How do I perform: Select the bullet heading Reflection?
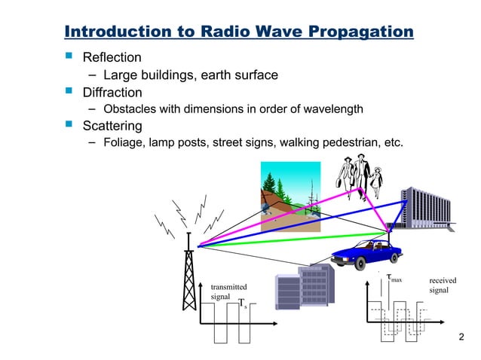tap(112, 57)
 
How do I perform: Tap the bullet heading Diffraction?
tap(112, 93)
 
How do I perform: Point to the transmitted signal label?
tap(228, 292)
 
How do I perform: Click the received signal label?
tap(443, 285)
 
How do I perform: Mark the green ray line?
tap(294, 240)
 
